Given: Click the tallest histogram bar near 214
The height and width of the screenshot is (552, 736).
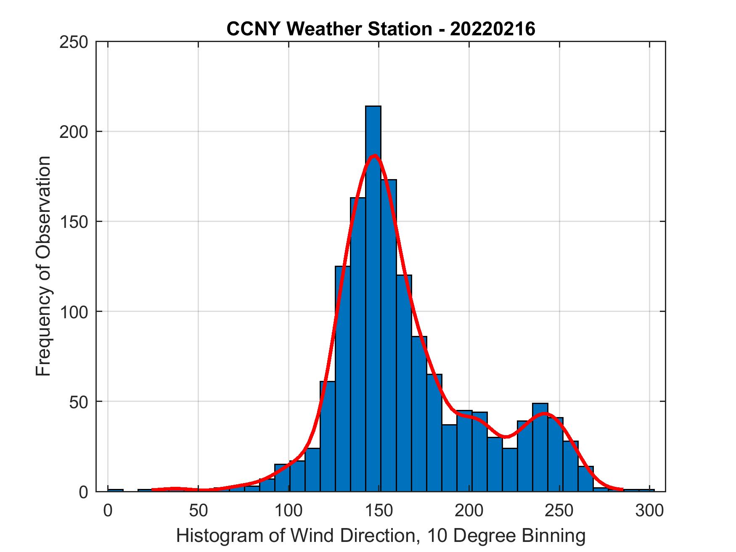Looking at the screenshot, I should point(373,298).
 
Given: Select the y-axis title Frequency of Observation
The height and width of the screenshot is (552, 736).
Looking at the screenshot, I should point(43,267).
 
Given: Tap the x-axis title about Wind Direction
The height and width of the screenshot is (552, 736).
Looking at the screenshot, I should point(381,536).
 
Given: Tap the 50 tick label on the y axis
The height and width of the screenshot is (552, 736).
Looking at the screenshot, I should point(78,402).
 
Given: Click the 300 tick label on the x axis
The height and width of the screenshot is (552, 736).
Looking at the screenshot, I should point(649,511).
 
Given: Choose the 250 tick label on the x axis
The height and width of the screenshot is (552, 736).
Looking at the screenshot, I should point(559,511).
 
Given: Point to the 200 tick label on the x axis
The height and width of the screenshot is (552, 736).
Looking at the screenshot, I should point(469,511).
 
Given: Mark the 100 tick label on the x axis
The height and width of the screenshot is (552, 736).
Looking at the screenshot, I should point(289,511).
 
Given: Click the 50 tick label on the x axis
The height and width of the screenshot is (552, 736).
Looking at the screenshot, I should point(199,511).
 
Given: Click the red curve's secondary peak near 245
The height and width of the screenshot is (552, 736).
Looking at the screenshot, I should point(545,414).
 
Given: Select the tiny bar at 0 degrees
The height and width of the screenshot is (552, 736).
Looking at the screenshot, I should point(115,490).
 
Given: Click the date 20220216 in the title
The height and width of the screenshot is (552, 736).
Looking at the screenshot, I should point(492,29).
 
